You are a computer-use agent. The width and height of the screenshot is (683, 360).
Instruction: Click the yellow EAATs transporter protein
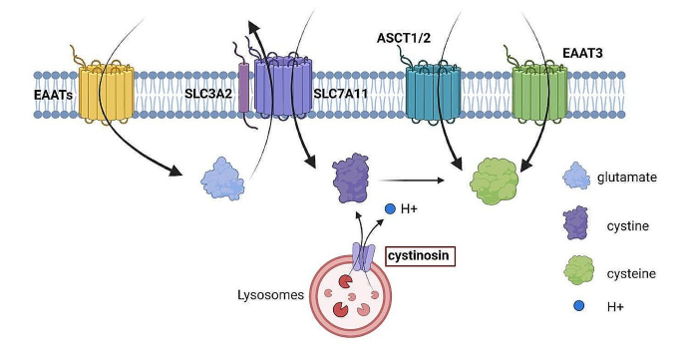[x=105, y=93]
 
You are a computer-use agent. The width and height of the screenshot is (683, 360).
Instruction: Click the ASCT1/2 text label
[x=395, y=41]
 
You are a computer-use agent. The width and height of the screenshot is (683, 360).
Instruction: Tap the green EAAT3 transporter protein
[x=538, y=95]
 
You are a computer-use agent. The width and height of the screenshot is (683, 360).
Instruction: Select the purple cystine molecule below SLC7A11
[x=350, y=180]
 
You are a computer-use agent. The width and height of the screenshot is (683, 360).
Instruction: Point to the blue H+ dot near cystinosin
[x=391, y=207]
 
